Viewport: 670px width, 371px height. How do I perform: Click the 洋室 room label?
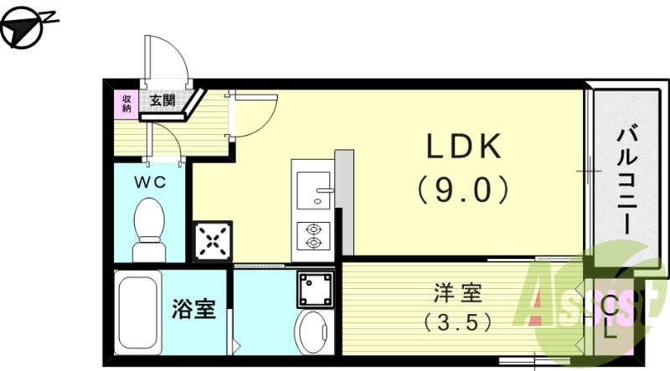pyautogui.click(x=457, y=294)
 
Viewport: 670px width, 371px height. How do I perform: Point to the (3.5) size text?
pyautogui.click(x=457, y=321)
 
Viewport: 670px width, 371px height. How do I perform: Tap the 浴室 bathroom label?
pyautogui.click(x=194, y=310)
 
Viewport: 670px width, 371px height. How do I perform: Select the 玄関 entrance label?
pyautogui.click(x=162, y=101)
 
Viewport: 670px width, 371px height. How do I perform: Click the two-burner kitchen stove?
pyautogui.click(x=313, y=234)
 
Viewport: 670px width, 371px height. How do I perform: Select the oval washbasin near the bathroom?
pyautogui.click(x=314, y=333)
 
